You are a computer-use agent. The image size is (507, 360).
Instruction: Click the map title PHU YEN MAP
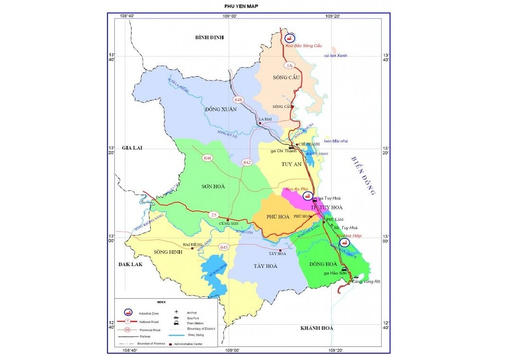tap(244, 6)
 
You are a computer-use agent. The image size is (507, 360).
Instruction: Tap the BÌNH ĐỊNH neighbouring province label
tap(209, 37)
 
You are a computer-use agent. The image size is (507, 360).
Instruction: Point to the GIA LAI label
tap(131, 148)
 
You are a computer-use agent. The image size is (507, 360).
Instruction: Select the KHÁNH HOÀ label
tap(316, 328)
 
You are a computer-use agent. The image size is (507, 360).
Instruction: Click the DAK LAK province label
tap(130, 265)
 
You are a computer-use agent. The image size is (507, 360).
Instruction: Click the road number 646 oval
tap(208, 158)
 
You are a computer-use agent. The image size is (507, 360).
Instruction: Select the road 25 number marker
tap(213, 215)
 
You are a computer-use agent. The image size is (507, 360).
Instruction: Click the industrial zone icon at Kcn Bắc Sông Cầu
tap(289, 38)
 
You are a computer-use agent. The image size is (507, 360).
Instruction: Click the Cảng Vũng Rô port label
tap(366, 282)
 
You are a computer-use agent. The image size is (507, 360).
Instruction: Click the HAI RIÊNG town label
tap(191, 244)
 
